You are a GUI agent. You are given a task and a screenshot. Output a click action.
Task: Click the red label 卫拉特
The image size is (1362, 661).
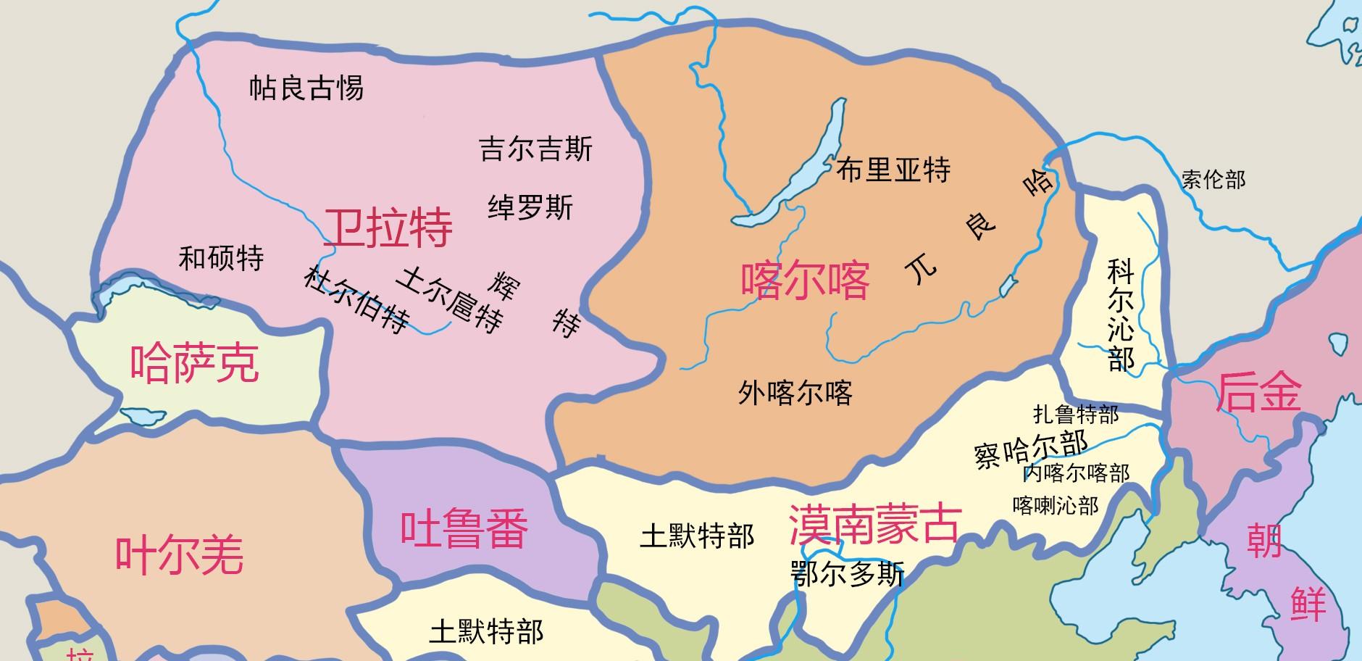click(388, 228)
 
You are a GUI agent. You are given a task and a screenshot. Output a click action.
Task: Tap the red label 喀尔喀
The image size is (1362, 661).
click(805, 280)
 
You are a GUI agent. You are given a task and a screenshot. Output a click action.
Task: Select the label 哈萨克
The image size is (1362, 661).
click(194, 362)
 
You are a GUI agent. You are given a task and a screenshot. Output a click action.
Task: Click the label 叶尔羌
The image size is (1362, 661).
click(180, 555)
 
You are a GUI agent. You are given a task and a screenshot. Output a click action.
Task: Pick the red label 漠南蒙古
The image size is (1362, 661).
click(874, 524)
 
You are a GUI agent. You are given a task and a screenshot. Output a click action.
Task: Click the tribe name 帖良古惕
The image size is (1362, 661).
click(306, 88)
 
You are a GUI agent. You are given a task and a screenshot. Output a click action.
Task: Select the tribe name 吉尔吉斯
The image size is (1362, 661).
click(535, 149)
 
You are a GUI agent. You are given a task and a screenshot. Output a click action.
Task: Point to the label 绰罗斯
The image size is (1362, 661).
click(530, 208)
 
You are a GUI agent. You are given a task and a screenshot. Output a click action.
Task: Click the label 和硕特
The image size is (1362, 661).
click(221, 258)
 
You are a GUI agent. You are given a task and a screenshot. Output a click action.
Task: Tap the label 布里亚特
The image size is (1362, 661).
click(893, 170)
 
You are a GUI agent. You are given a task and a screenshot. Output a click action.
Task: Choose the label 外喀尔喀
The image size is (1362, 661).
click(795, 392)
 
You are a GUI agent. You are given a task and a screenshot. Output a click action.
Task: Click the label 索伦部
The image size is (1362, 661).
click(1213, 179)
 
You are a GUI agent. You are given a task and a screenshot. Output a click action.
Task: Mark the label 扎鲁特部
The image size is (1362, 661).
click(1076, 414)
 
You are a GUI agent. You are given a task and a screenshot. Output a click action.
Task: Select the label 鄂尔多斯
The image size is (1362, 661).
click(847, 574)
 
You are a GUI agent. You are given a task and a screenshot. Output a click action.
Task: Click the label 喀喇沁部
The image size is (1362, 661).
click(1055, 505)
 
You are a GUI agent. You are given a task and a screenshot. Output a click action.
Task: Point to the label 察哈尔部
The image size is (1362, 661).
click(1031, 449)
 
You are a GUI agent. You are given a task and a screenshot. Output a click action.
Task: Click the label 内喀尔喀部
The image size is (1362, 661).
click(1076, 473)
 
